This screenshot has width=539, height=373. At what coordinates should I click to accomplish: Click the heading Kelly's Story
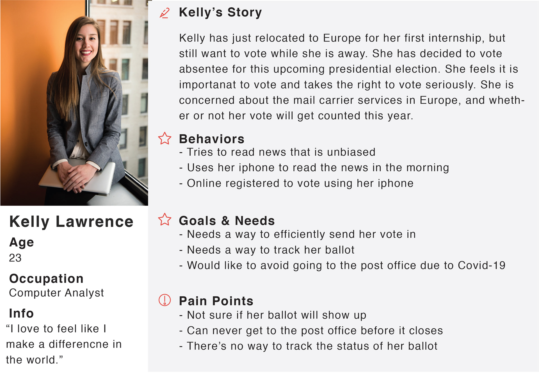click(220, 13)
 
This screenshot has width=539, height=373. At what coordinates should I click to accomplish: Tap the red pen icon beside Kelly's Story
click(165, 13)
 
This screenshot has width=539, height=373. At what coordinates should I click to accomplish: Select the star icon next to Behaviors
click(165, 138)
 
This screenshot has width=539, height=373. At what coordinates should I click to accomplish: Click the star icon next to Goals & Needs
click(165, 219)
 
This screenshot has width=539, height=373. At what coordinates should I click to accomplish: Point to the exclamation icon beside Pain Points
click(165, 300)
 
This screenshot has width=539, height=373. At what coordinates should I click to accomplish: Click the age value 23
click(15, 258)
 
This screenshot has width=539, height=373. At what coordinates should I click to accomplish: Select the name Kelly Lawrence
click(71, 222)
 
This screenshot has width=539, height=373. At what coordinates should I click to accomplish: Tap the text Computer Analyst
click(56, 293)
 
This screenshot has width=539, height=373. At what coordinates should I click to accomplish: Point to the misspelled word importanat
click(207, 85)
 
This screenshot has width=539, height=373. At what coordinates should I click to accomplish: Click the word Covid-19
click(481, 265)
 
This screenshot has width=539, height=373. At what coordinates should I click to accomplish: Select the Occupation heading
click(46, 279)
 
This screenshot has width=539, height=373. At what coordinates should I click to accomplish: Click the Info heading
click(21, 313)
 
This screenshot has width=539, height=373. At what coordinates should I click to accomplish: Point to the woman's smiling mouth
click(86, 52)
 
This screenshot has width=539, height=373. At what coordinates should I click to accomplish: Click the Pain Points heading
click(216, 301)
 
